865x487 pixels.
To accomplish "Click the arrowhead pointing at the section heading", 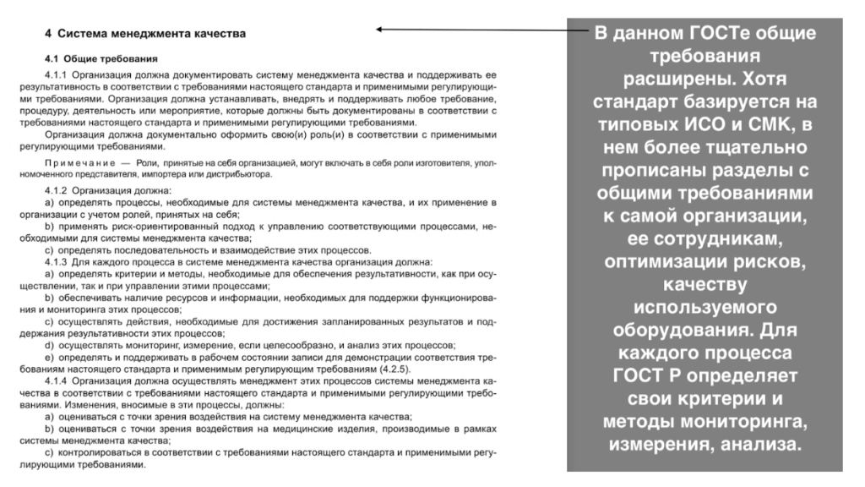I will (x=381, y=30).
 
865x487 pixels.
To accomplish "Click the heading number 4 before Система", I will (x=48, y=35).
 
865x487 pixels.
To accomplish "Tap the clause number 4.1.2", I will (x=57, y=190).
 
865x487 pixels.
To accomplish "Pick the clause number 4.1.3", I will (x=57, y=262).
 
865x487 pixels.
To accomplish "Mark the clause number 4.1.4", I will (x=57, y=382).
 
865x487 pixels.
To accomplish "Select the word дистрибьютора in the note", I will (x=244, y=173).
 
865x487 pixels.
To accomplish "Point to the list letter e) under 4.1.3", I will (x=47, y=358).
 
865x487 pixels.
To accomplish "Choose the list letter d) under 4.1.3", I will (x=47, y=346).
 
